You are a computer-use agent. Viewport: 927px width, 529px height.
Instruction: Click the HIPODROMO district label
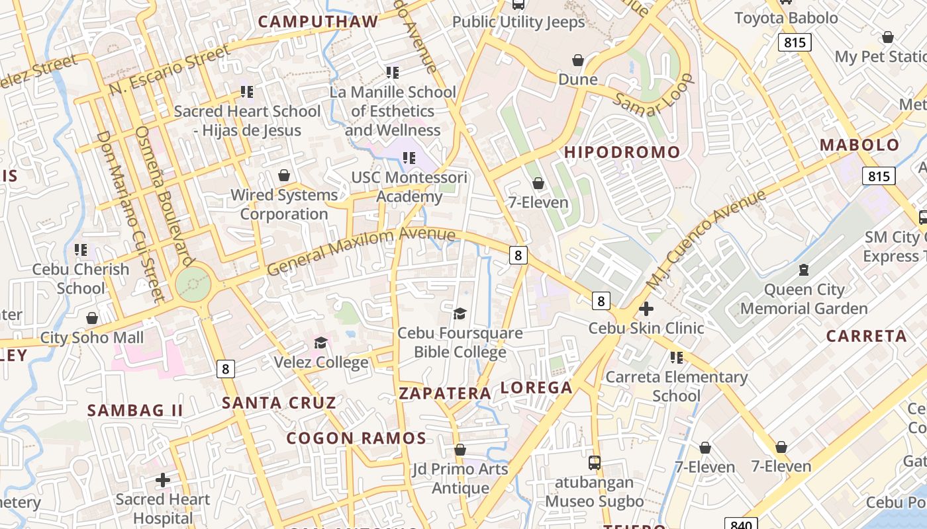pos(622,152)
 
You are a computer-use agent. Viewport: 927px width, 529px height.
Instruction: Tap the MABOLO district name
pos(859,145)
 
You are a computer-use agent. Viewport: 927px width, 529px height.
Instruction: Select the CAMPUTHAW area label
pos(318,21)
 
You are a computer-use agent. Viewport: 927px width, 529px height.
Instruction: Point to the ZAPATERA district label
pos(445,393)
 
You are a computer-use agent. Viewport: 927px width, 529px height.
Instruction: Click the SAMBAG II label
pos(135,410)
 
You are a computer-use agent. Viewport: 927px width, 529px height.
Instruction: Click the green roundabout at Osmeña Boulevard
pos(193,284)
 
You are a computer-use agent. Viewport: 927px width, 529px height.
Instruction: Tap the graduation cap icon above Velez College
pos(321,343)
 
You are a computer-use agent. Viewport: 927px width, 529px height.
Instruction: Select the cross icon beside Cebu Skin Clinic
pos(646,308)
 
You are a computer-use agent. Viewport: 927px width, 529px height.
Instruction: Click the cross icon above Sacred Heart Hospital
pos(163,479)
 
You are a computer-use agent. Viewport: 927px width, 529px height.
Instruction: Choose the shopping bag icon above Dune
pos(578,60)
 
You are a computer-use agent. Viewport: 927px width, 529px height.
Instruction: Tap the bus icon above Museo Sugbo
pos(595,462)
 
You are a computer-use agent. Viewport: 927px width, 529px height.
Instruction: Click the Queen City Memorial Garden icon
pos(804,270)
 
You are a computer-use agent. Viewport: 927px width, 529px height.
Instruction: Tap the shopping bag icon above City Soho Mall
pos(92,318)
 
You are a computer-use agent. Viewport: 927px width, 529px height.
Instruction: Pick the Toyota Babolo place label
pos(786,18)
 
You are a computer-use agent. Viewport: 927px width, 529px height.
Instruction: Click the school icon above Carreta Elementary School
pos(676,357)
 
